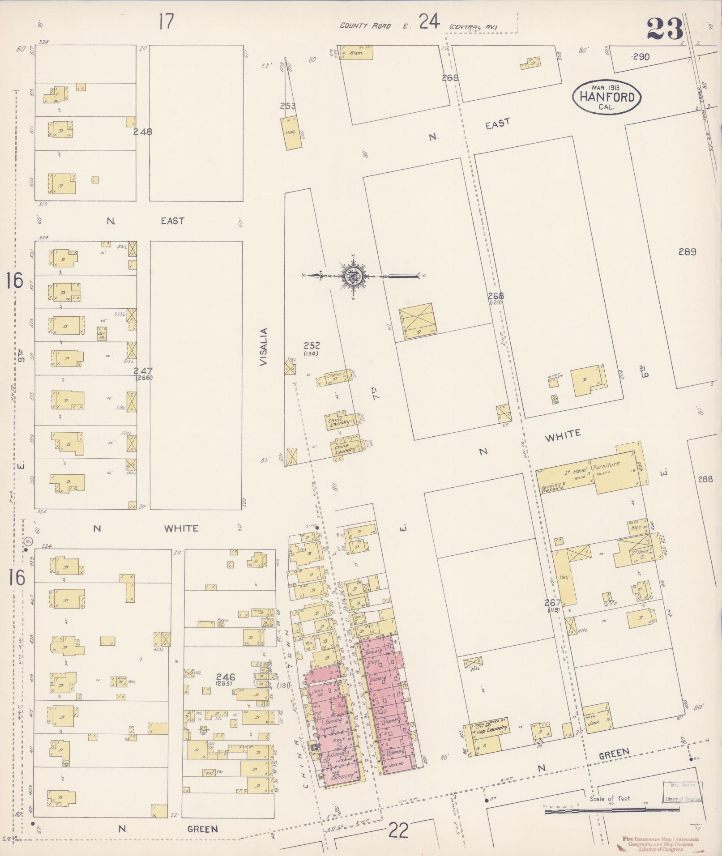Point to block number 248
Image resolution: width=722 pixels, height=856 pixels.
tap(142, 132)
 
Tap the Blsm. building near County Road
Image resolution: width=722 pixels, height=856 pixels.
tap(356, 53)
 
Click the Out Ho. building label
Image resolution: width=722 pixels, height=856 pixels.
tap(102, 334)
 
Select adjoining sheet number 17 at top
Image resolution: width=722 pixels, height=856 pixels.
tap(166, 21)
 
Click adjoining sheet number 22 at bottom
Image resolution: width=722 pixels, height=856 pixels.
tap(398, 830)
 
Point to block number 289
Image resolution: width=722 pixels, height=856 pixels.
tap(687, 251)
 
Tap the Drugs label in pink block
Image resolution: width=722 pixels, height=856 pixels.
tap(373, 661)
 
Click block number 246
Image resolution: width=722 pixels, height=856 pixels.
tap(225, 677)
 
